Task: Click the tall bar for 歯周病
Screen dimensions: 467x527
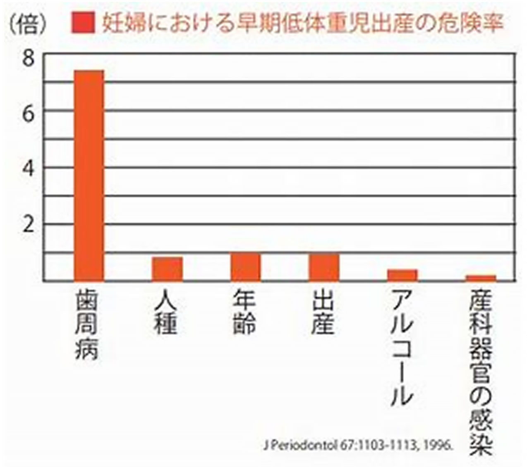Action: tap(89, 176)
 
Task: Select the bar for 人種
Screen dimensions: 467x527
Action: tap(167, 269)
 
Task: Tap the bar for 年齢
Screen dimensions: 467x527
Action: tap(246, 267)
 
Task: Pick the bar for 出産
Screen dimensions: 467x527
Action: tap(324, 267)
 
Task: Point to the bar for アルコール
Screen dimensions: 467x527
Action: tap(402, 275)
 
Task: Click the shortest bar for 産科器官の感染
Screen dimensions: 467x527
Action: tap(481, 278)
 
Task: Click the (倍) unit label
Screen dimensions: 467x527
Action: tap(29, 25)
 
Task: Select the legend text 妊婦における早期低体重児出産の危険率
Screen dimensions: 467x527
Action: tap(302, 24)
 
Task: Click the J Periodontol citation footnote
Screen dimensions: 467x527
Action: tap(359, 446)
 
